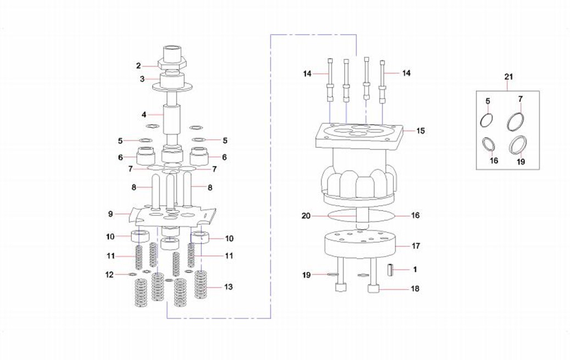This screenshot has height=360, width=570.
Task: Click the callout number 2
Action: (139, 66)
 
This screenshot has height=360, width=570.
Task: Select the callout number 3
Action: (142, 79)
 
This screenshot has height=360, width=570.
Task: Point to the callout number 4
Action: (143, 115)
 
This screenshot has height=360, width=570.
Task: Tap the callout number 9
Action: (110, 213)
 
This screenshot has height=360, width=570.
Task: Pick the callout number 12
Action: (109, 274)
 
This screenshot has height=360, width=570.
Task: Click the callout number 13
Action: (229, 287)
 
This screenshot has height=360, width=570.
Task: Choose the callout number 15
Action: (420, 131)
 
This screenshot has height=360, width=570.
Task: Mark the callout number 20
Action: (306, 216)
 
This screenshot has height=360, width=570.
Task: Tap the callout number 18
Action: (416, 288)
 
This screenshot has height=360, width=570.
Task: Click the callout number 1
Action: (415, 270)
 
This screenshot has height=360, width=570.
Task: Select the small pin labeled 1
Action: (390, 270)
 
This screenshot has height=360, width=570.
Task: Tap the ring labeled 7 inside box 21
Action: (515, 120)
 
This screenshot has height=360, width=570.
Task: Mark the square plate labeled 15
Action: (361, 136)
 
